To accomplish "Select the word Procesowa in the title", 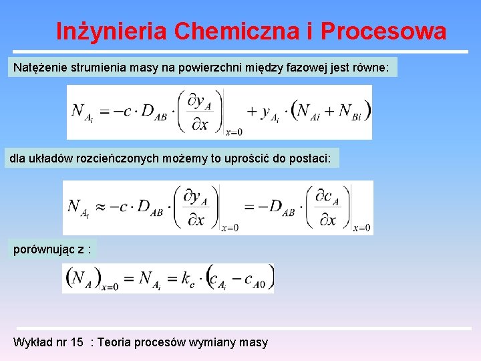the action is (383, 31).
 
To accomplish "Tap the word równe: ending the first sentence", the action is (374, 67).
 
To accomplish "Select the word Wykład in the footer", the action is (31, 342).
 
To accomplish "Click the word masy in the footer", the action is (254, 342).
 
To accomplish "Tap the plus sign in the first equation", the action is (252, 112).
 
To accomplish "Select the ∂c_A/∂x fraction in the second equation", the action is (328, 208).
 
